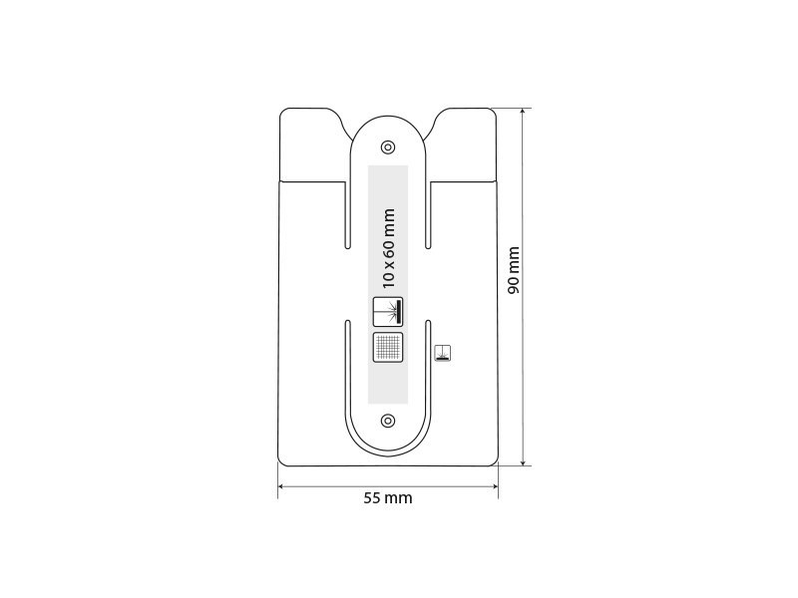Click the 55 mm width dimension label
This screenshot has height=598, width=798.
click(388, 498)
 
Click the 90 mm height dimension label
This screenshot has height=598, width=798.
click(514, 270)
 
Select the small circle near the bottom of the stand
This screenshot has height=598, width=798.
click(388, 420)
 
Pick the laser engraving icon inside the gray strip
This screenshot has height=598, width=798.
click(388, 312)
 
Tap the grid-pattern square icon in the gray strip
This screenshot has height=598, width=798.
click(388, 347)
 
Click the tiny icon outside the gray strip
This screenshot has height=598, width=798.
click(442, 351)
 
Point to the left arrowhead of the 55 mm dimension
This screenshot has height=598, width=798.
click(281, 485)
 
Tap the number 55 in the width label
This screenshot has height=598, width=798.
click(372, 498)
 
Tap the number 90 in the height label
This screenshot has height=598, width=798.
click(514, 283)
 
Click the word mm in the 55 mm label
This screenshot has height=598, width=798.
click(399, 498)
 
